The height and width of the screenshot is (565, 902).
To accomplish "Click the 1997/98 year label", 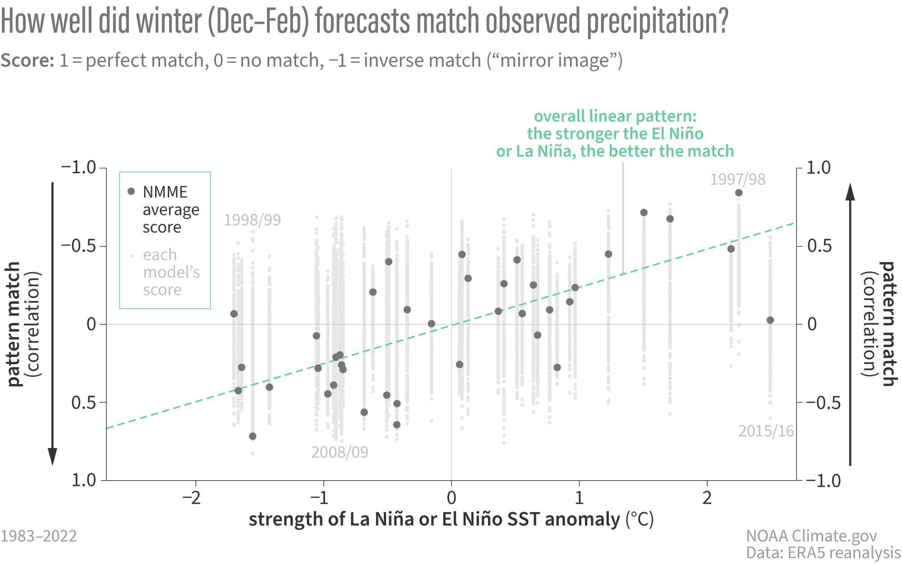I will pos(737,179).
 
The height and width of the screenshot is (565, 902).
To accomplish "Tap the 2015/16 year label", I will pos(766,431).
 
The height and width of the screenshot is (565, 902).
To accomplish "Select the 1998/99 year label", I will pos(252,220).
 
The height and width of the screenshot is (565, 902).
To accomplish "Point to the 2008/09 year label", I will pos(340,452).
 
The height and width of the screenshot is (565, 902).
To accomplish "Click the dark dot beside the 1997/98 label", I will pos(739,193).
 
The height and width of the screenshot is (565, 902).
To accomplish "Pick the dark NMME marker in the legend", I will pos(131,191).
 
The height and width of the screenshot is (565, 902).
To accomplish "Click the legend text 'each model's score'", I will pos(171,272).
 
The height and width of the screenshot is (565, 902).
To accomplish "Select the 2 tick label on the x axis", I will pos(707,498).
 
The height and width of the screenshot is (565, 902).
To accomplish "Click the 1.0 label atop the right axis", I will pos(818,168).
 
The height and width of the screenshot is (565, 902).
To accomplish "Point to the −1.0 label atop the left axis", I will pos(79,167).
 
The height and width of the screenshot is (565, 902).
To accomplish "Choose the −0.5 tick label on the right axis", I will pos(823,402).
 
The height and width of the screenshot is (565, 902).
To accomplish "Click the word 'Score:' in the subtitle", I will pos(28,60).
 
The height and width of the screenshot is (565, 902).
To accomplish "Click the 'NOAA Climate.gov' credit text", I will pos(811,536).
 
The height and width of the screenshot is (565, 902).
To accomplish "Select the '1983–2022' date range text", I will pos(39,536).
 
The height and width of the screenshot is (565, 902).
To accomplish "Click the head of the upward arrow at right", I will pos(850,192).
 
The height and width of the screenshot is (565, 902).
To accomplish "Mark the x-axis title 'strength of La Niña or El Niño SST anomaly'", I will pos(434,519).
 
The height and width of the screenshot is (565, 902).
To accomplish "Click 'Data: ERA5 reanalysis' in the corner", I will pos(823,553).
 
